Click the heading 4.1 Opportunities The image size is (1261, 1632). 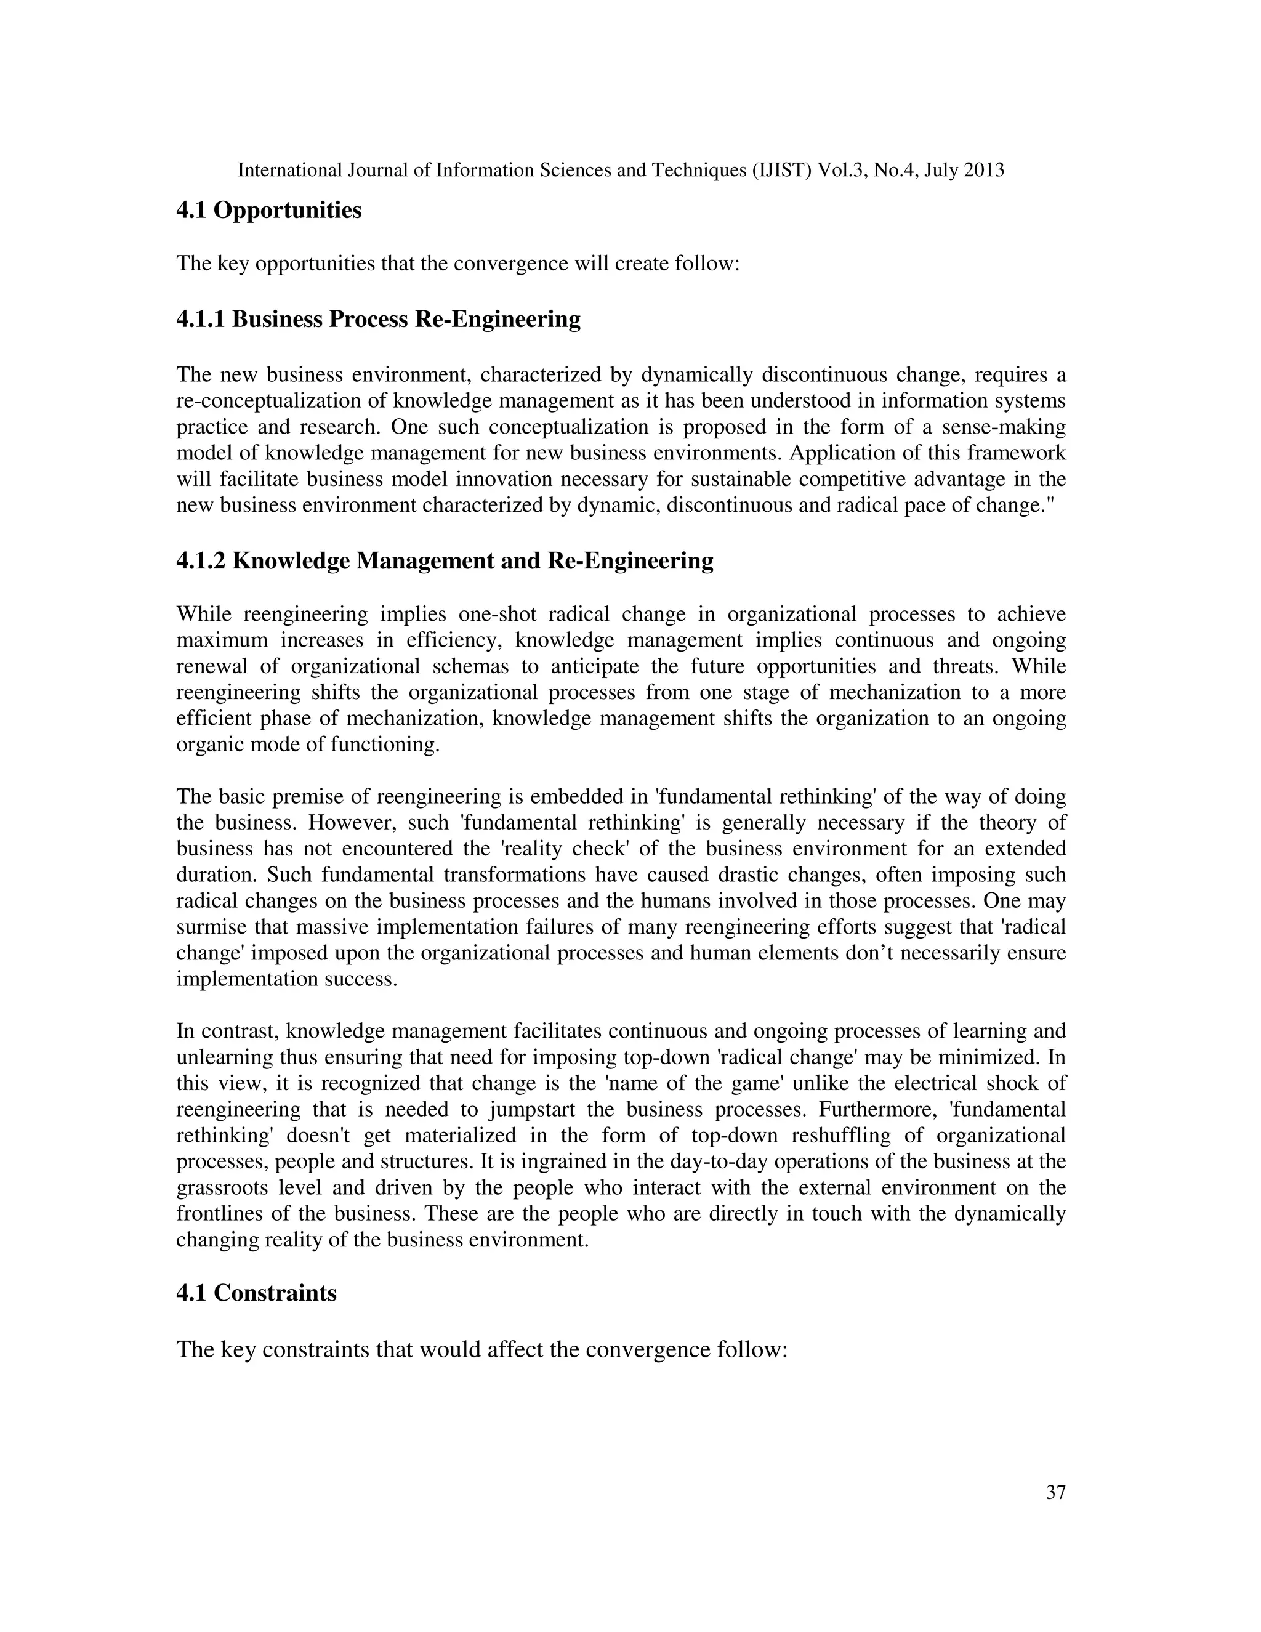click(268, 211)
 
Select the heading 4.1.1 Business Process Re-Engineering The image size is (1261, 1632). click(378, 320)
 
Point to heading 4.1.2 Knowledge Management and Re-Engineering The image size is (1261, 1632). click(445, 560)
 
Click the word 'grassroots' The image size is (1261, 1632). click(222, 1188)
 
